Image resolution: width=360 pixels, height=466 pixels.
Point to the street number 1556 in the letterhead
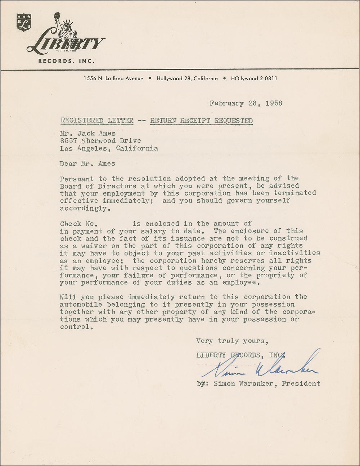click(x=90, y=79)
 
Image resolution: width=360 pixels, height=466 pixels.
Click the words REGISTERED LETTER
click(x=96, y=121)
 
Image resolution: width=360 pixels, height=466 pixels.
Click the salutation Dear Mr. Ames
click(x=87, y=163)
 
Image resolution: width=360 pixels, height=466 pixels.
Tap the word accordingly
click(x=83, y=209)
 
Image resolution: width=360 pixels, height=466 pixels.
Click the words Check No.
click(x=77, y=224)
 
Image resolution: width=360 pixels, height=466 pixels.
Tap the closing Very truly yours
click(x=232, y=341)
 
